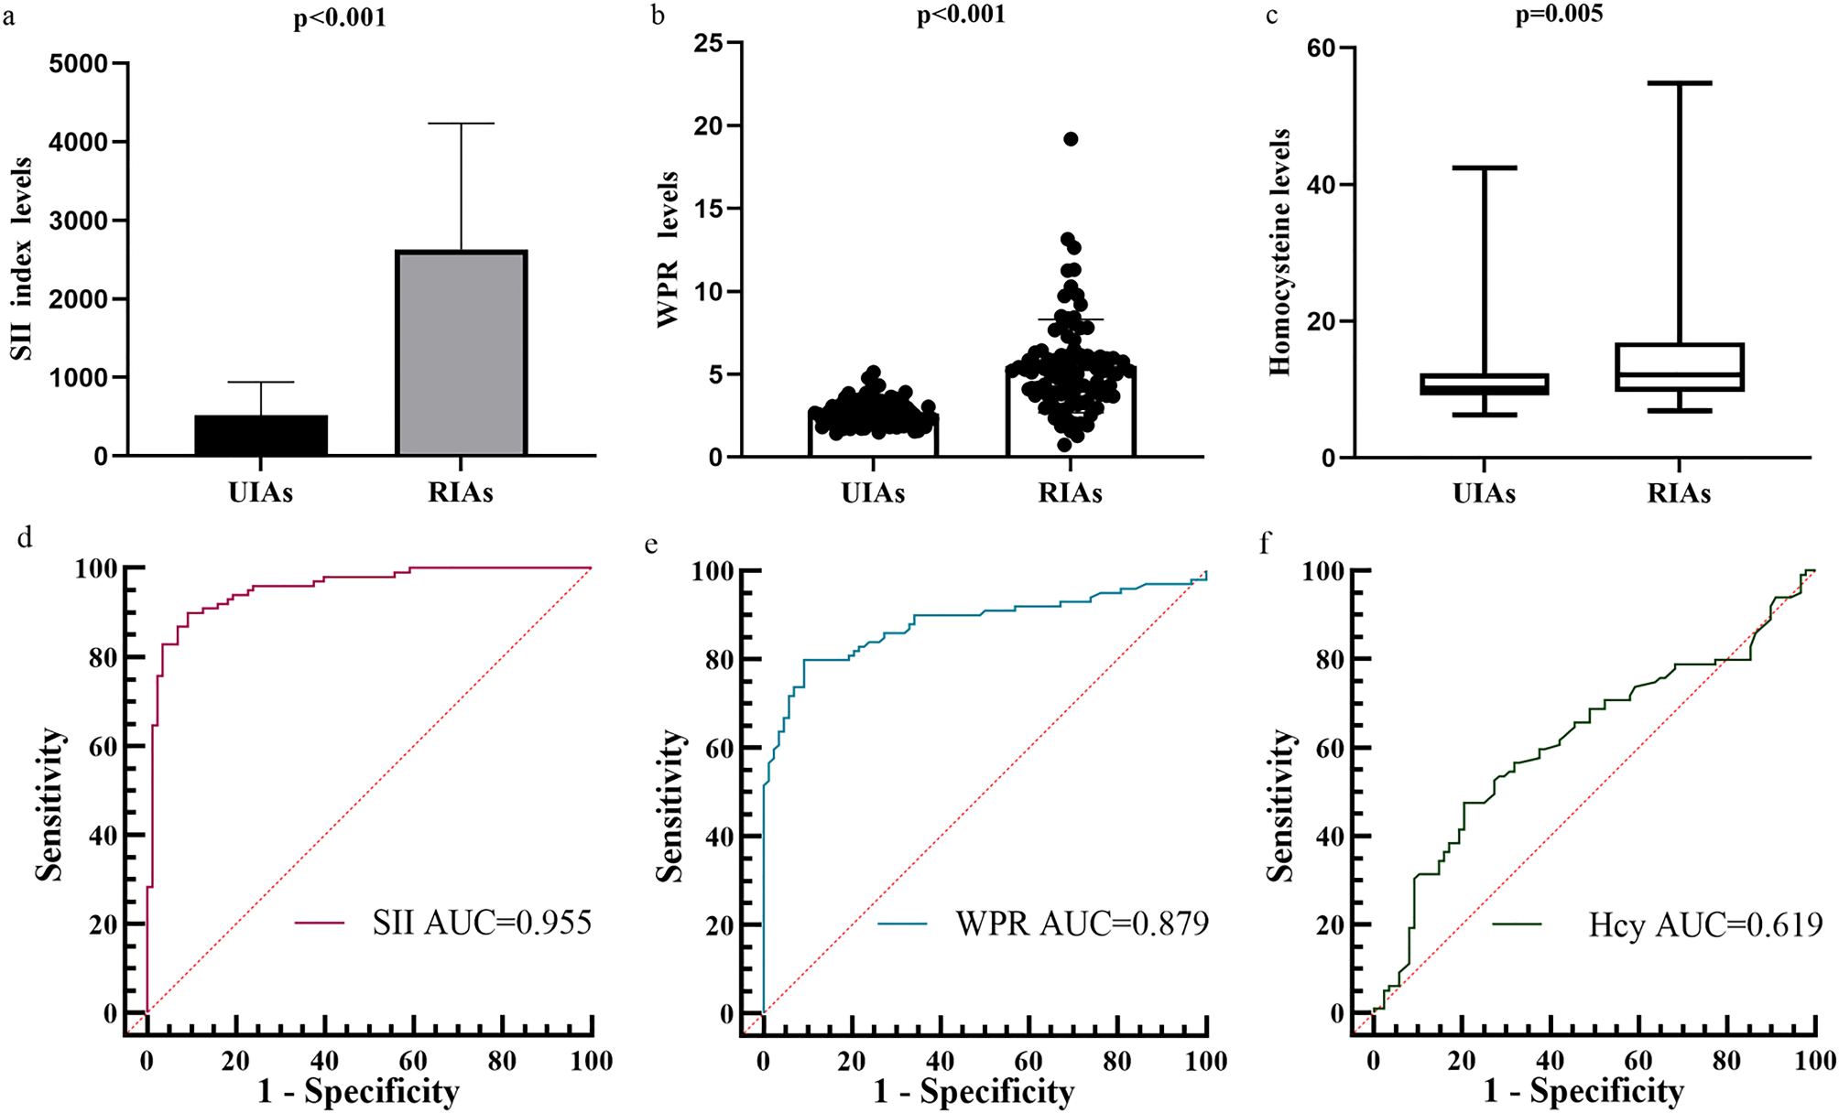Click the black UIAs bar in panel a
click(261, 436)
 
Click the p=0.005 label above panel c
click(1559, 15)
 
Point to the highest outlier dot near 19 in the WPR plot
click(1071, 139)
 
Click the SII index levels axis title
click(22, 259)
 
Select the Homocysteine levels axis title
click(1279, 253)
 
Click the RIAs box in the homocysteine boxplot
click(1679, 367)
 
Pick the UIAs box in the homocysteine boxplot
click(1484, 384)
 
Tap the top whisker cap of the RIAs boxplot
click(1679, 83)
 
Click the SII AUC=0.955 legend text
click(482, 923)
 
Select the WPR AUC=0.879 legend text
click(1082, 924)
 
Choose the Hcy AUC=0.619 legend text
click(1704, 924)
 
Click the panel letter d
click(25, 537)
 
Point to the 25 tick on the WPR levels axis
click(708, 43)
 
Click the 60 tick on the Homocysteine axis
click(1320, 48)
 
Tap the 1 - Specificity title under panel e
click(974, 1091)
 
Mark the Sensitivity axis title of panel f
click(1279, 805)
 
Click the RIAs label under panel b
click(1070, 493)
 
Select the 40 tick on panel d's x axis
click(324, 1061)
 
